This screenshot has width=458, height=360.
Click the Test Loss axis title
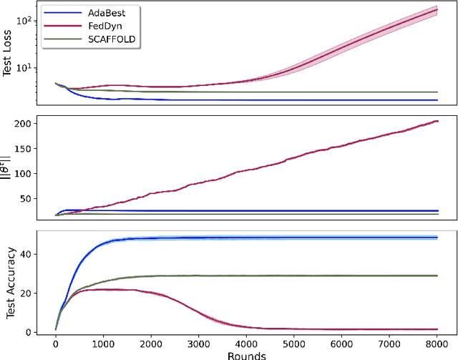(x=9, y=54)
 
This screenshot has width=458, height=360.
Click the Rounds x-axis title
(x=246, y=354)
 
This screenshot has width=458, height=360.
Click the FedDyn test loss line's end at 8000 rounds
(x=437, y=9)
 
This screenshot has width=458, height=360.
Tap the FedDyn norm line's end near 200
(x=437, y=122)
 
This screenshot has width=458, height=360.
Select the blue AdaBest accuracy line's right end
(x=437, y=237)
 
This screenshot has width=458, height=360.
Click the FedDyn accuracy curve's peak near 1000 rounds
(x=107, y=289)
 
